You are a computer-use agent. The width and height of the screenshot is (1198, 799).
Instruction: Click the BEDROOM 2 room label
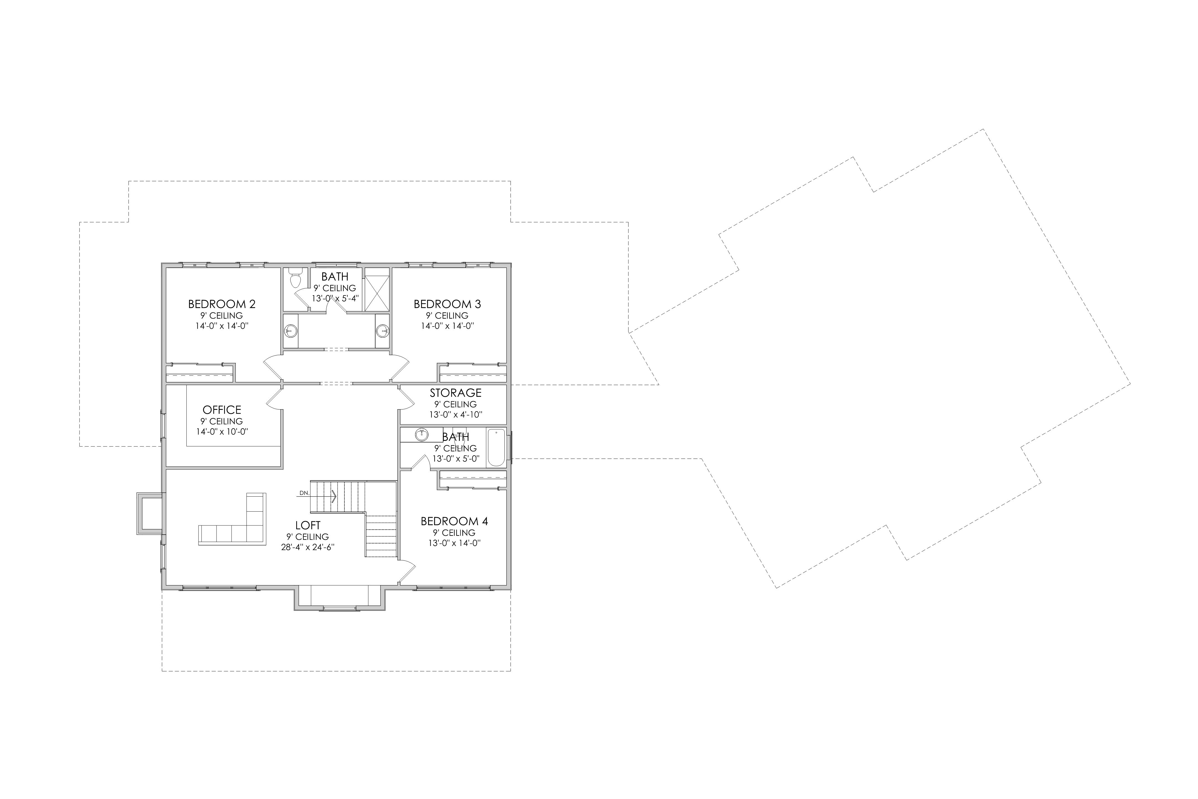coord(222,304)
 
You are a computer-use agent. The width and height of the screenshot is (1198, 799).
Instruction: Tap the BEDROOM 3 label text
coord(447,304)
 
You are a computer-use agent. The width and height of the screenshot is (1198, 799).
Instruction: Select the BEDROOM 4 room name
coord(454,521)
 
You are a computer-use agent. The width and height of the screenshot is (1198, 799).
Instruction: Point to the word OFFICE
coord(222,410)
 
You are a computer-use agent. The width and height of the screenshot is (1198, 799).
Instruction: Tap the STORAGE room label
coord(455,393)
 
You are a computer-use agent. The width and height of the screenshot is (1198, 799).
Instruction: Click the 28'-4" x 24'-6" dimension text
coord(308,547)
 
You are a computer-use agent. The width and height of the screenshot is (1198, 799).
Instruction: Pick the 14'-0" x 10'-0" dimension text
coord(222,432)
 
